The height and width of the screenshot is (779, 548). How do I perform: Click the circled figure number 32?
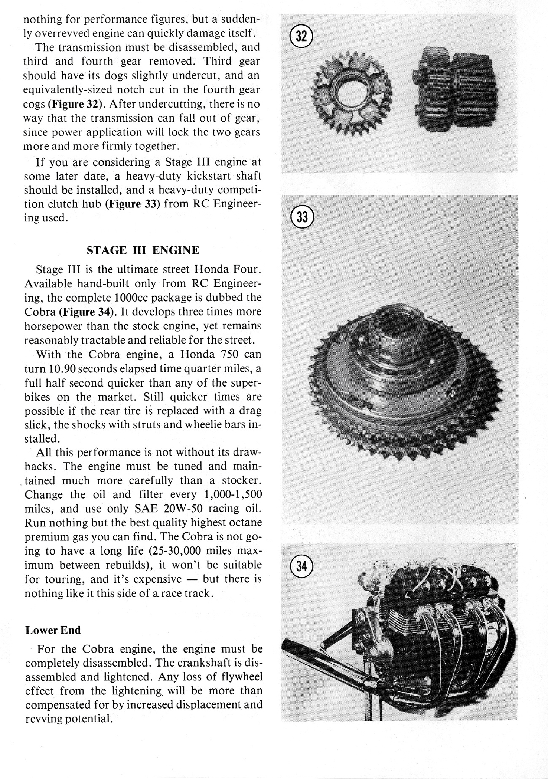(301, 37)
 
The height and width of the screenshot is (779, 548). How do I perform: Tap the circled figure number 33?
(302, 216)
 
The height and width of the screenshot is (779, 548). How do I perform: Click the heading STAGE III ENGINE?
(143, 250)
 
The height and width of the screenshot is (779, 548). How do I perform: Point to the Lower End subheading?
(53, 630)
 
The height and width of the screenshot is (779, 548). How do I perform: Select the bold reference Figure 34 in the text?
(88, 312)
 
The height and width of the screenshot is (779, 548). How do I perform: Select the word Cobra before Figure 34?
(39, 312)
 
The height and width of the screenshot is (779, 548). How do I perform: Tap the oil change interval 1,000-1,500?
(233, 494)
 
